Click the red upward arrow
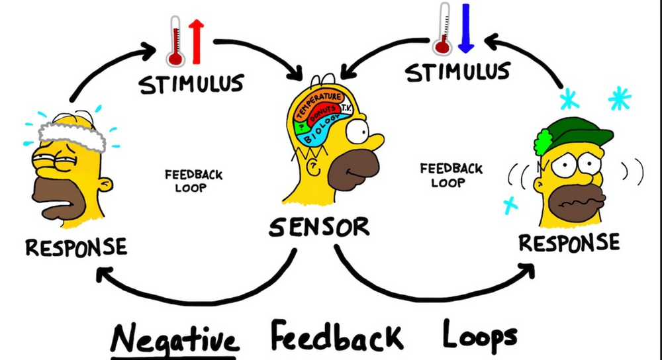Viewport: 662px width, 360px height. [x=197, y=42]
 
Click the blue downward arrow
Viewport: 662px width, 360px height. [x=465, y=28]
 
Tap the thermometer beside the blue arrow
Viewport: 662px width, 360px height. [x=443, y=28]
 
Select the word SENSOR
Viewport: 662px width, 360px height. [x=319, y=227]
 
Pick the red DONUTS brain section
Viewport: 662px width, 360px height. [x=324, y=112]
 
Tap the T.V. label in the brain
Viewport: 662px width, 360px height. [x=346, y=108]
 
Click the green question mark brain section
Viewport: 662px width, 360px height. [x=301, y=126]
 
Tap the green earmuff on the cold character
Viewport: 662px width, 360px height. [x=544, y=142]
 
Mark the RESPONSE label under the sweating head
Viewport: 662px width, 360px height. [x=76, y=247]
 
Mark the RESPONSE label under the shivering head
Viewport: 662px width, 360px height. [x=569, y=243]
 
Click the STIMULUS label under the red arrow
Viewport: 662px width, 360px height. [x=191, y=84]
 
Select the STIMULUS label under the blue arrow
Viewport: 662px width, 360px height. [x=457, y=71]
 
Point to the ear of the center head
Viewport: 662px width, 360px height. [x=314, y=167]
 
